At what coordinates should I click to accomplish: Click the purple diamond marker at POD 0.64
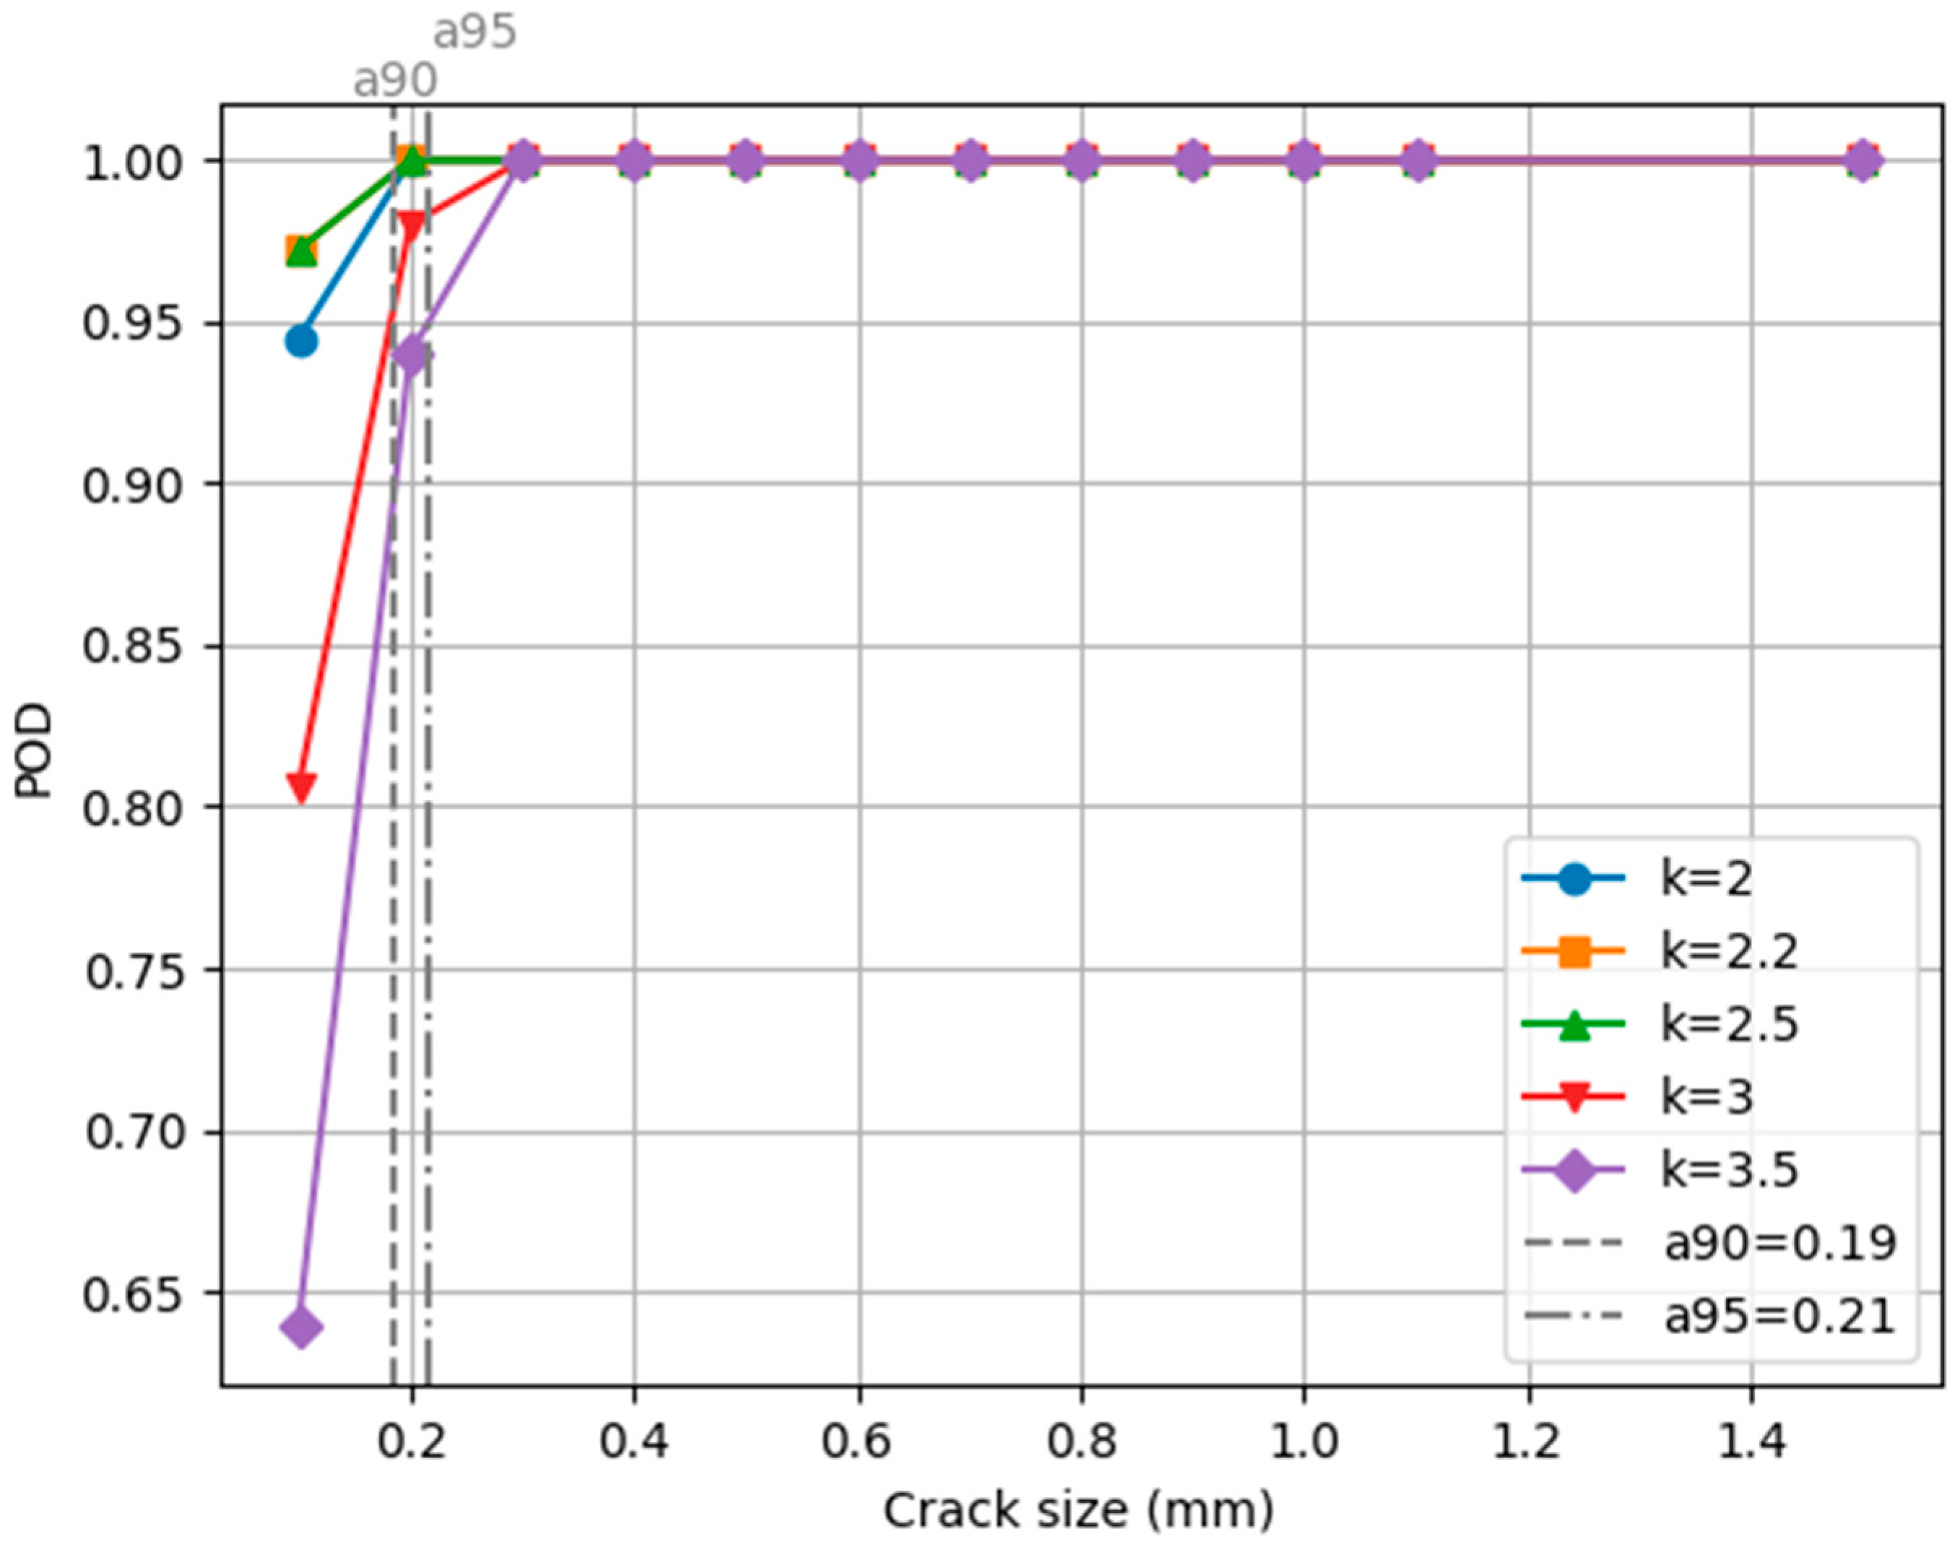[x=300, y=1328]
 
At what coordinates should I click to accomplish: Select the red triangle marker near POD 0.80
[x=300, y=786]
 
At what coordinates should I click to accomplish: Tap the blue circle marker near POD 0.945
[x=300, y=342]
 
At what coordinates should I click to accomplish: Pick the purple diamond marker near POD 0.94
[x=412, y=354]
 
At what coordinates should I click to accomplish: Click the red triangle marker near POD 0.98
[x=412, y=225]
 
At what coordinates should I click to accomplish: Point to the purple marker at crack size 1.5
[x=1863, y=161]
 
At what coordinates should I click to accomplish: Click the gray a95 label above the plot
[x=474, y=32]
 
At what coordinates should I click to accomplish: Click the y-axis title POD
[x=35, y=753]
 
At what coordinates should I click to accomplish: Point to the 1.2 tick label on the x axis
[x=1529, y=1441]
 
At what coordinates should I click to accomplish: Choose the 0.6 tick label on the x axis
[x=858, y=1441]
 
